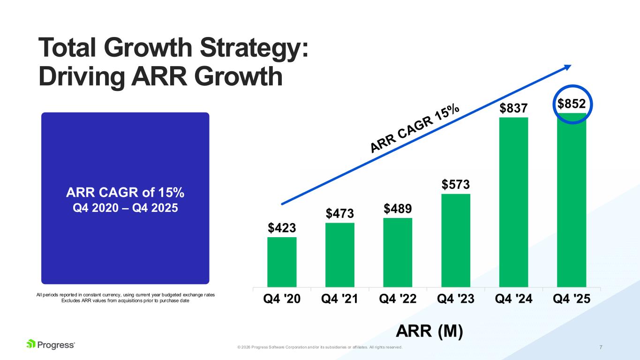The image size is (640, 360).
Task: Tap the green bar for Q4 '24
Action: pyautogui.click(x=513, y=202)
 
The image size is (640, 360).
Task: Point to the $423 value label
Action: pyautogui.click(x=282, y=228)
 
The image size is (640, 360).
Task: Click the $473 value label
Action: pyautogui.click(x=340, y=214)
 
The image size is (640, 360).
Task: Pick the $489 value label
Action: pyautogui.click(x=398, y=209)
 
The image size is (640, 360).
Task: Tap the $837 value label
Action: pyautogui.click(x=513, y=109)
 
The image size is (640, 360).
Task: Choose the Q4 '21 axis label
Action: pyautogui.click(x=340, y=299)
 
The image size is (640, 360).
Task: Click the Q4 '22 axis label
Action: pyautogui.click(x=398, y=299)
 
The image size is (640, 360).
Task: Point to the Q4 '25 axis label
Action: pyautogui.click(x=572, y=299)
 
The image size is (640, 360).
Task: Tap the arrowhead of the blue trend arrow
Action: pyautogui.click(x=568, y=67)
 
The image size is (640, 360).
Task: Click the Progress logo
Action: pyautogui.click(x=51, y=345)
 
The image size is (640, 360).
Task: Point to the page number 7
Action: pyautogui.click(x=601, y=347)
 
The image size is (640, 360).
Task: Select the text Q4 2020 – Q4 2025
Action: pyautogui.click(x=125, y=207)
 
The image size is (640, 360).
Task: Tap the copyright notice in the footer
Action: pyautogui.click(x=320, y=347)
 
